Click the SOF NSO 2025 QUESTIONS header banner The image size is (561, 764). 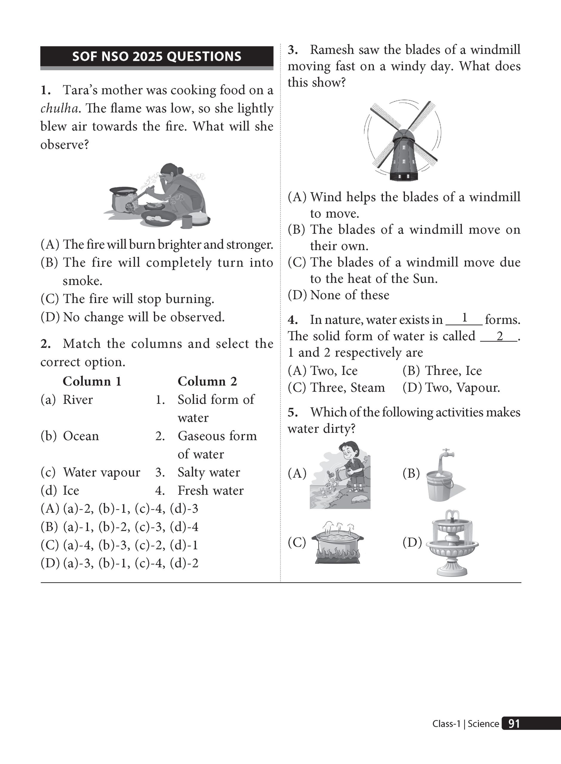pos(157,56)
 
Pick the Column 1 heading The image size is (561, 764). pos(92,381)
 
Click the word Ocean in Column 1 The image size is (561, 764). pos(81,436)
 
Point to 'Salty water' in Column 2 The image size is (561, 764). pos(209,472)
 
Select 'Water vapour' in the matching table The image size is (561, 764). pos(101,473)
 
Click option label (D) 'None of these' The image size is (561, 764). pos(339,295)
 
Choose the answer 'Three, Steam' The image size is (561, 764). pos(337,388)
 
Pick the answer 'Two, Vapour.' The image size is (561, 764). pos(451,388)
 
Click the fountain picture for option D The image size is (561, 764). pos(452,543)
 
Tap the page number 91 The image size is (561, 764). pos(514,724)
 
